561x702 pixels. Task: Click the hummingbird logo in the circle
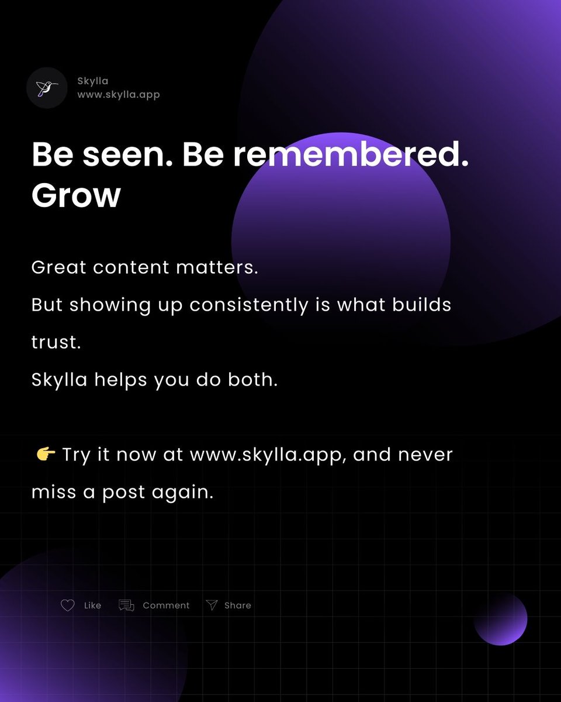click(x=47, y=88)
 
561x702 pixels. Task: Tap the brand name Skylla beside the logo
click(x=92, y=81)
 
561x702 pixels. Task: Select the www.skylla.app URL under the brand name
click(x=118, y=94)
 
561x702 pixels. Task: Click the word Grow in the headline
click(x=76, y=195)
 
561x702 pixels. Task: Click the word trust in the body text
click(x=56, y=343)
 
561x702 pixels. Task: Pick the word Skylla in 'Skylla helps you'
click(x=59, y=380)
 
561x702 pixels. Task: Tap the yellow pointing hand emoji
click(x=45, y=454)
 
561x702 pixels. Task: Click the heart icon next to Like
click(x=68, y=605)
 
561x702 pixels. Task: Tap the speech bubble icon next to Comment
click(x=126, y=605)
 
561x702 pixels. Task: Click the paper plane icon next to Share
click(x=212, y=605)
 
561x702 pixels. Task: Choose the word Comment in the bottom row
click(x=166, y=605)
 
